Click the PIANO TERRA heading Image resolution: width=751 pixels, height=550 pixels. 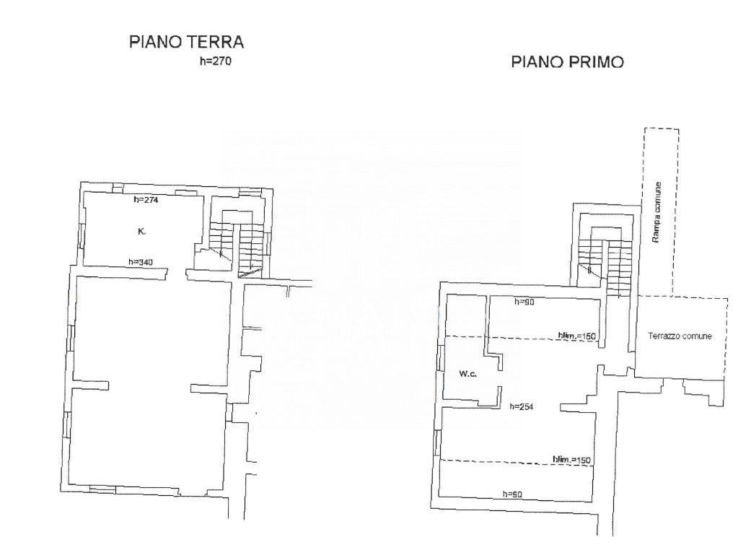pos(186,42)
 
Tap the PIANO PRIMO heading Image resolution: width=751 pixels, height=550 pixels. pos(567,63)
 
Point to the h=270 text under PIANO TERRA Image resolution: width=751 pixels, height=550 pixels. pos(215,61)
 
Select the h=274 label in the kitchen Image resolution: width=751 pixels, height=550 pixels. pos(146,200)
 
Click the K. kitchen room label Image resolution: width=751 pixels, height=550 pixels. pos(141,232)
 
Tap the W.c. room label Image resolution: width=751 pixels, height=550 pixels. pos(469,374)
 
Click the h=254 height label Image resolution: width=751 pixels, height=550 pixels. pos(521,406)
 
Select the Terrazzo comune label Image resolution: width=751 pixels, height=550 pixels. pos(680,336)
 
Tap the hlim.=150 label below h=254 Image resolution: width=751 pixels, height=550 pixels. pos(571,460)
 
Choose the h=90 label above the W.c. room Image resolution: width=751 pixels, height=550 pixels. pos(524,302)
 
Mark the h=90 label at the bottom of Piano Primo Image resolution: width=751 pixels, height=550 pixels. pos(512,494)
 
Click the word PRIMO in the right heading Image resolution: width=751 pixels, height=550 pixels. pos(596,63)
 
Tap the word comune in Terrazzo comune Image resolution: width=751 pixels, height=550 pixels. pos(697,336)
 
